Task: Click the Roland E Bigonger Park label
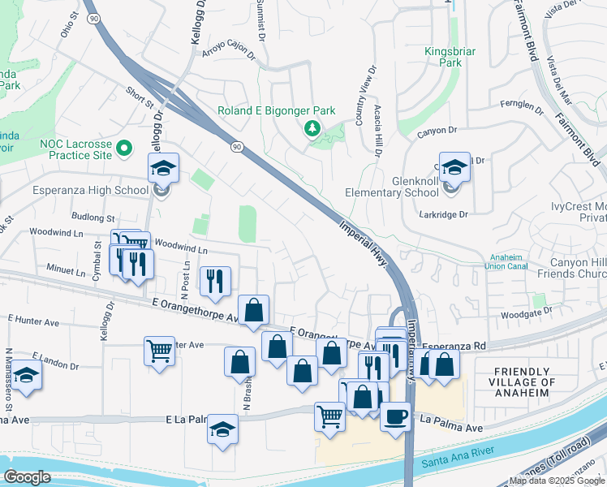(x=276, y=110)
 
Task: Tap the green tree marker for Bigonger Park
(x=311, y=127)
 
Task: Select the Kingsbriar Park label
(x=450, y=56)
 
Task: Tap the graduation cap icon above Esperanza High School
(x=162, y=169)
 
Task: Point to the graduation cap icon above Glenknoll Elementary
(x=454, y=166)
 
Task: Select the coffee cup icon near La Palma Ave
(x=395, y=416)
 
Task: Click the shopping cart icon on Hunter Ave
(x=160, y=351)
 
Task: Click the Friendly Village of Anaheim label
(x=524, y=382)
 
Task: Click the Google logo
(x=28, y=477)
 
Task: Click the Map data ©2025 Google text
(x=555, y=481)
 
